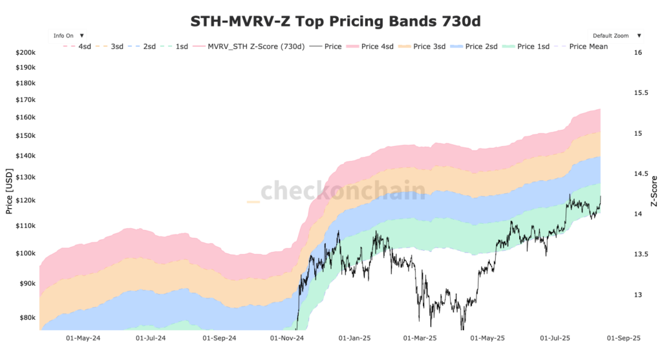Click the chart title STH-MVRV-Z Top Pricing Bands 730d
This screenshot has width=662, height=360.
click(336, 21)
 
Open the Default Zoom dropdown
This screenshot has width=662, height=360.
click(615, 36)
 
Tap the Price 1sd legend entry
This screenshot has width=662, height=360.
click(526, 47)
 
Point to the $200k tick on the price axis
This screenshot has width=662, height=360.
click(26, 52)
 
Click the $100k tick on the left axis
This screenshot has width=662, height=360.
click(26, 253)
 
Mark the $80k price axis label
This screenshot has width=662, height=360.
click(28, 317)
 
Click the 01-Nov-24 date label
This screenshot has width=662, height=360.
click(287, 337)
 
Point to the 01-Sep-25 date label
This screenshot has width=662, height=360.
click(624, 337)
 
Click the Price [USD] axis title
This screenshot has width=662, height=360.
click(9, 191)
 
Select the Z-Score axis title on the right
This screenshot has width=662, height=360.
click(654, 191)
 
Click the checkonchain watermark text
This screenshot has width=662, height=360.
click(343, 191)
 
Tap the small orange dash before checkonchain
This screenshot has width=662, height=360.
click(253, 202)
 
